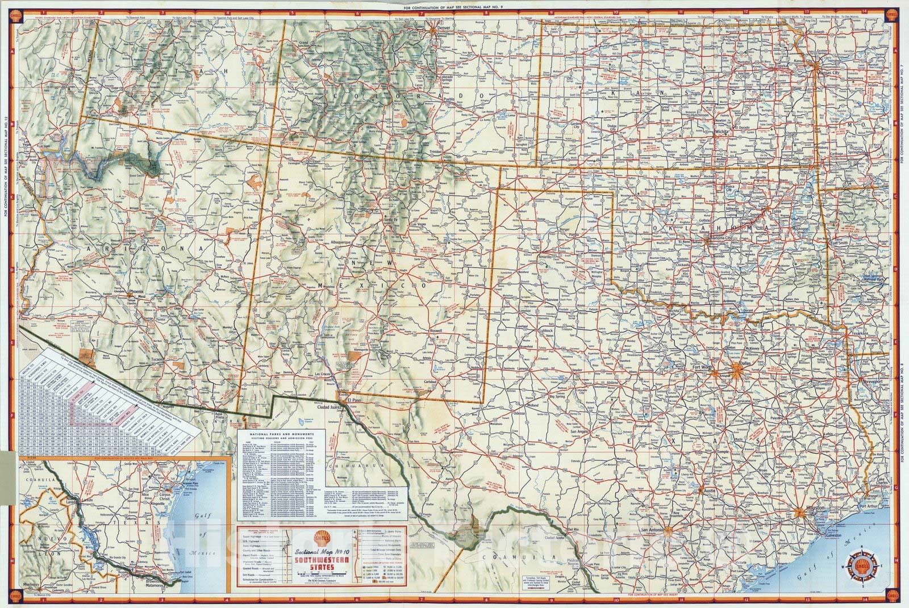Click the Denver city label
point(444,27)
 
